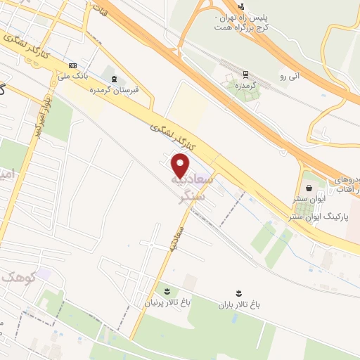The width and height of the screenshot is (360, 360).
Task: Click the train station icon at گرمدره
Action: coord(245,74)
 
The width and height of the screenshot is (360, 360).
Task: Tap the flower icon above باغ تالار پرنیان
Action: coord(167,290)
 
